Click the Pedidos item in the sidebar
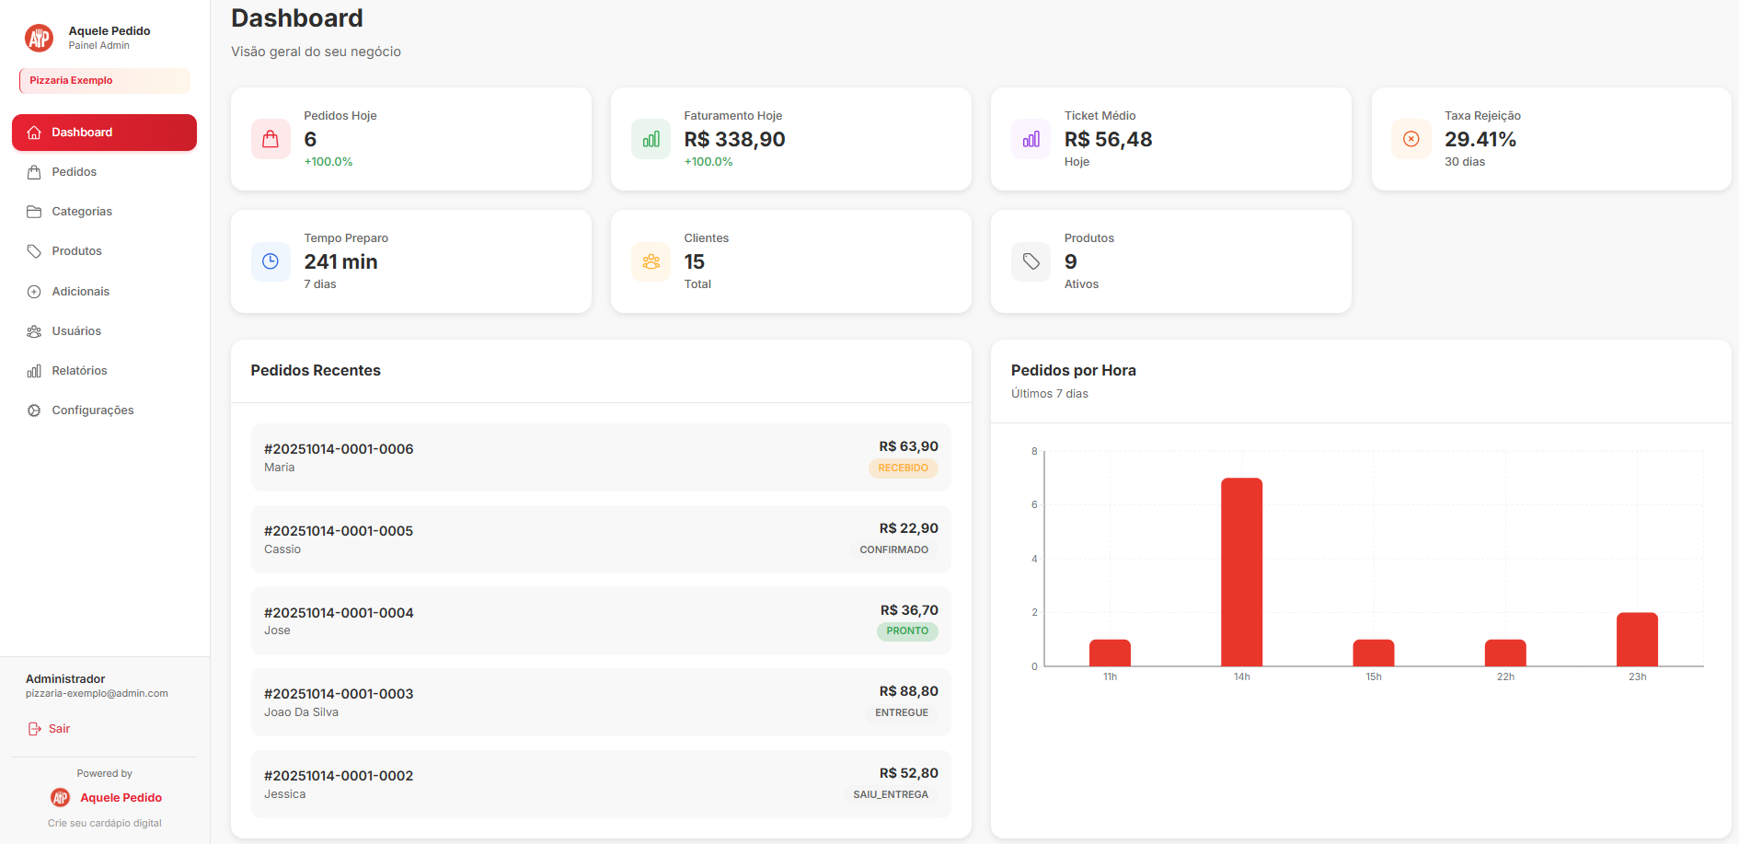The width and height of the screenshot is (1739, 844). pyautogui.click(x=74, y=172)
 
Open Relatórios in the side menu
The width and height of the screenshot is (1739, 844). pyautogui.click(x=79, y=371)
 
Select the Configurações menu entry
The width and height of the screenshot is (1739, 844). pyautogui.click(x=92, y=410)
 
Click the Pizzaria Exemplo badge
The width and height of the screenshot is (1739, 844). pyautogui.click(x=104, y=81)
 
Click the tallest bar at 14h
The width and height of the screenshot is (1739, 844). pyautogui.click(x=1241, y=571)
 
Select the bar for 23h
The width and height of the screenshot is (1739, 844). pyautogui.click(x=1637, y=639)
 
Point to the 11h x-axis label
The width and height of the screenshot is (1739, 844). pyautogui.click(x=1110, y=677)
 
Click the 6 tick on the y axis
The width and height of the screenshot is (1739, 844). pyautogui.click(x=1034, y=504)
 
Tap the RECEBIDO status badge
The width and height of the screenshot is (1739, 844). pyautogui.click(x=903, y=468)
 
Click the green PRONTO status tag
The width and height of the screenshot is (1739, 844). pyautogui.click(x=906, y=631)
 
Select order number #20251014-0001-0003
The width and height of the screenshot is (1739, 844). pyautogui.click(x=339, y=694)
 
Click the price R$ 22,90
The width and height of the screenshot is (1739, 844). pyautogui.click(x=908, y=528)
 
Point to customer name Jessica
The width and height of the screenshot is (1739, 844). pyautogui.click(x=284, y=794)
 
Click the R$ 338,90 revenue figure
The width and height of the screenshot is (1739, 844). pyautogui.click(x=734, y=140)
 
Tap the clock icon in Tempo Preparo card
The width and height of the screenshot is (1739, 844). pyautogui.click(x=271, y=261)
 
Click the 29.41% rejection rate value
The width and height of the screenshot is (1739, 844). pyautogui.click(x=1480, y=140)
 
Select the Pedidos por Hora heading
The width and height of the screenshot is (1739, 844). pyautogui.click(x=1073, y=370)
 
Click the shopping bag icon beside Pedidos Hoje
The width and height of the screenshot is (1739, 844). pyautogui.click(x=271, y=139)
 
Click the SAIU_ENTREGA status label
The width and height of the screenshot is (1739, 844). pyautogui.click(x=890, y=795)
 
